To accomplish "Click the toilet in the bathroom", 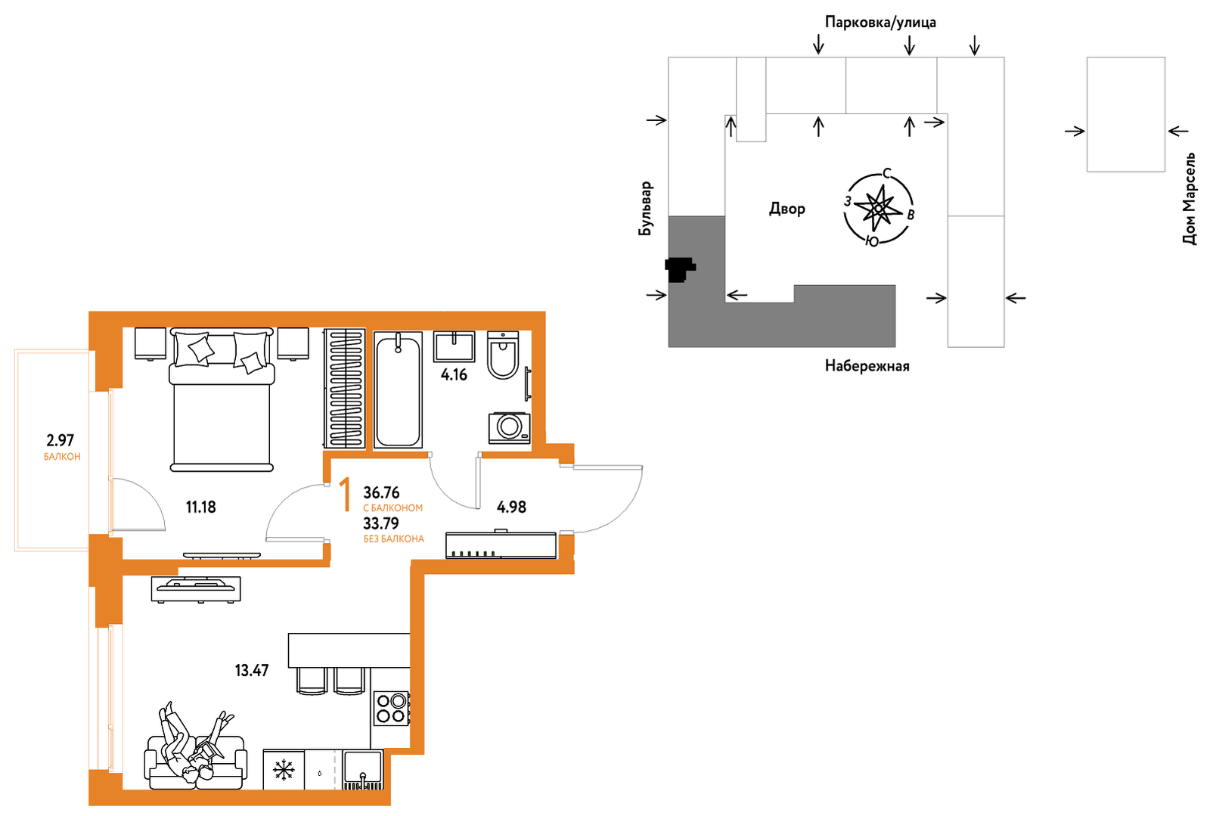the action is tap(503, 355).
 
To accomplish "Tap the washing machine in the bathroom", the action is tap(509, 428).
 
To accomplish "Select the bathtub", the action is tap(398, 390).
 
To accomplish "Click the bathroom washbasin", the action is tap(454, 346).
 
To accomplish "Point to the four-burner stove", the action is tap(392, 709).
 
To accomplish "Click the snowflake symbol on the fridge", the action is tap(283, 770).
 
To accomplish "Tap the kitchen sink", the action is tap(363, 769).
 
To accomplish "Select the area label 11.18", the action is tap(201, 507).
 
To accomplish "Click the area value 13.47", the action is tap(252, 671).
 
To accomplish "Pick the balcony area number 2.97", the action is tap(60, 440).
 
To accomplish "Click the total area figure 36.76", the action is tap(381, 493).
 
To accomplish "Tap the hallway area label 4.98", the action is tap(512, 507).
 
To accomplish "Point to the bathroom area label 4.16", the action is tap(454, 374).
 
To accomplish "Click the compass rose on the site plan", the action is tap(878, 207).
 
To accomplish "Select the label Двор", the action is tap(787, 209).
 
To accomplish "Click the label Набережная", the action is tap(867, 366).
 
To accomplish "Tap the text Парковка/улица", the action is tap(880, 22).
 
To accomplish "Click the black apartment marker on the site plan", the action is tap(679, 268).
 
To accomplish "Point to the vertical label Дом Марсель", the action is tap(1189, 199).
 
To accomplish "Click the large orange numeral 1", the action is tap(345, 495).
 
